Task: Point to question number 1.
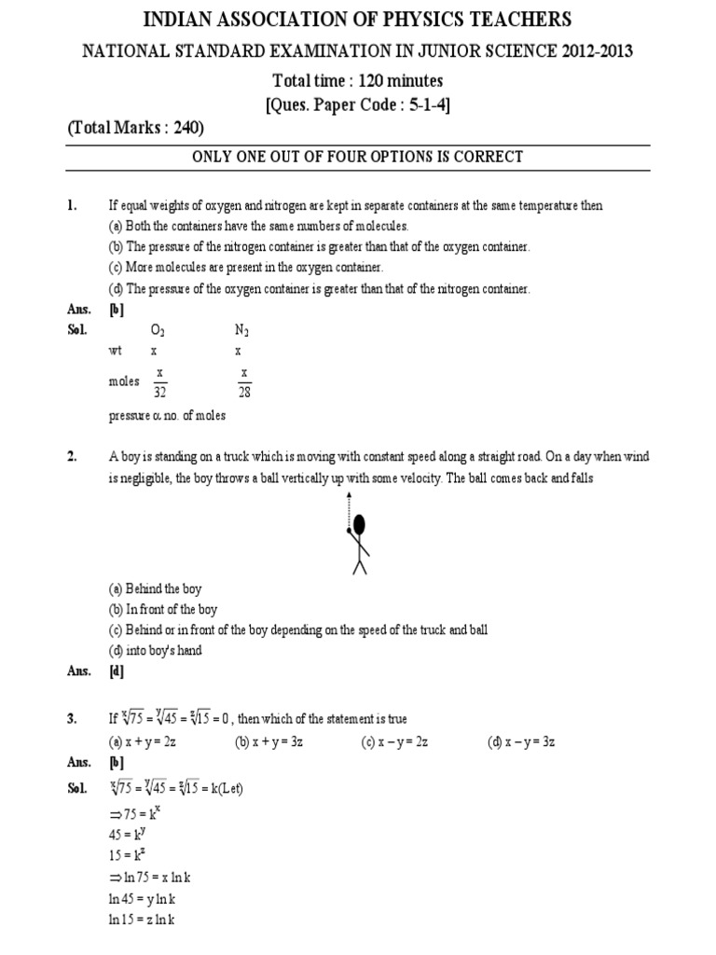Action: [73, 205]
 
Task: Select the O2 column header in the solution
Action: [158, 331]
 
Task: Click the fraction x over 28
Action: [244, 381]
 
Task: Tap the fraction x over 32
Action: [159, 381]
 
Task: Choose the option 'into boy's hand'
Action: [155, 650]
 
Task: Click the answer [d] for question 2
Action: [117, 671]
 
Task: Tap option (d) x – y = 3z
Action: [521, 741]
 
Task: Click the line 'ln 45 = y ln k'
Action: [142, 898]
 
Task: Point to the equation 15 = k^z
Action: [129, 855]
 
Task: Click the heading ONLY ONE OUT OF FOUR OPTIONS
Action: [357, 157]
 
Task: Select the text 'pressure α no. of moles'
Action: [167, 416]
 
